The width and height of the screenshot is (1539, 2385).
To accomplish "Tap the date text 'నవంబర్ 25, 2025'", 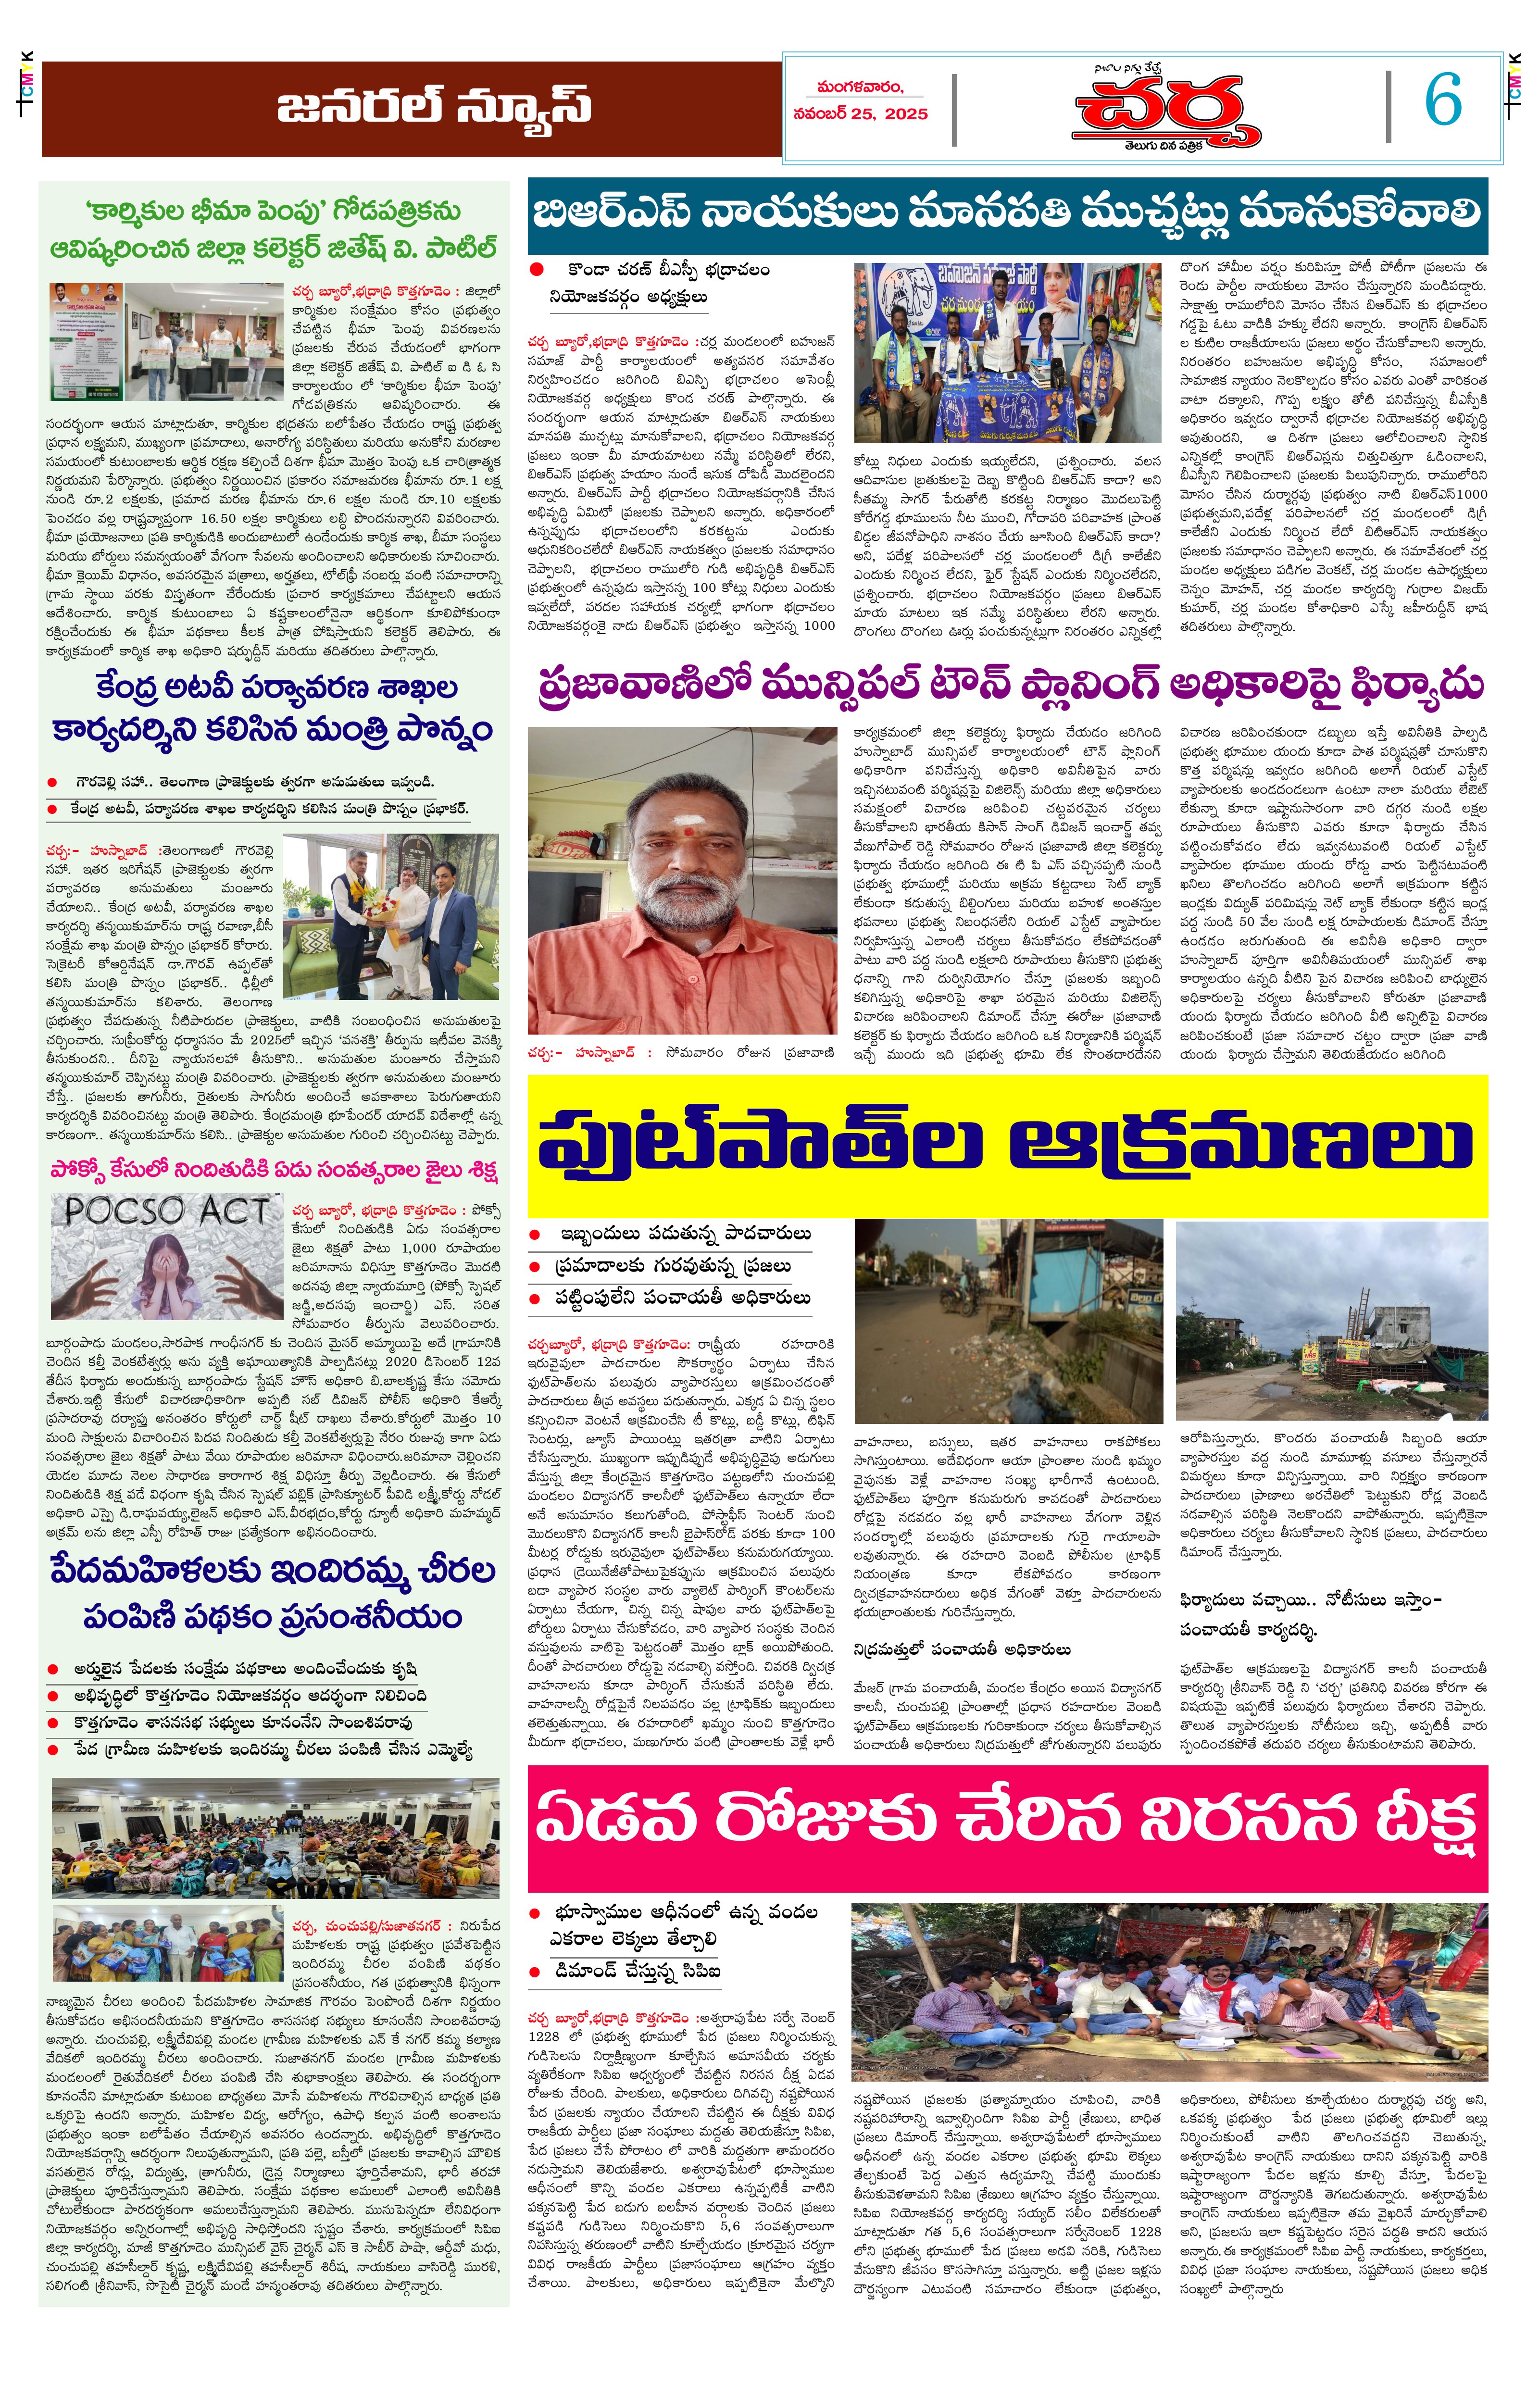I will [861, 114].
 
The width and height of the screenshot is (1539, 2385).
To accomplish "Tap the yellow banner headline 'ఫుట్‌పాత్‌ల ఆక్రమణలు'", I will [1006, 1144].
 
